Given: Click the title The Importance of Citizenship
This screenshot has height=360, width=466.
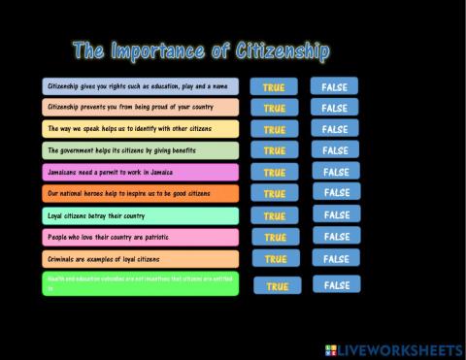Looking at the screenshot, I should pyautogui.click(x=201, y=51).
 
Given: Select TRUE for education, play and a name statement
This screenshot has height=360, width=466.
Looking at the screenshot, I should pyautogui.click(x=274, y=86).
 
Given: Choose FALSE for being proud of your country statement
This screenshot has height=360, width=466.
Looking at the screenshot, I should pyautogui.click(x=334, y=108).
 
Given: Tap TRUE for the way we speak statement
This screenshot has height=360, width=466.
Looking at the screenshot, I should pyautogui.click(x=274, y=129).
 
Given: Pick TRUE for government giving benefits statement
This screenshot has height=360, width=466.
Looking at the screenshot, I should pyautogui.click(x=274, y=150).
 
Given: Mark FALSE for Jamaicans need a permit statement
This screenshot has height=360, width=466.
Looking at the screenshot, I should pyautogui.click(x=334, y=172).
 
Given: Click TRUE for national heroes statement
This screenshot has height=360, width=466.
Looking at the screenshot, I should pyautogui.click(x=274, y=194).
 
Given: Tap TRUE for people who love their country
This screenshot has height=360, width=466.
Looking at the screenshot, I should pyautogui.click(x=275, y=237).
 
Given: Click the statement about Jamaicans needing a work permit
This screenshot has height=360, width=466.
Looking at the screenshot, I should pyautogui.click(x=141, y=172).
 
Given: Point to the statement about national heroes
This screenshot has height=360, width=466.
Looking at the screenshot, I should pyautogui.click(x=141, y=193).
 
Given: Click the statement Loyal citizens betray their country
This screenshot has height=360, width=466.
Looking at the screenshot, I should pyautogui.click(x=141, y=215).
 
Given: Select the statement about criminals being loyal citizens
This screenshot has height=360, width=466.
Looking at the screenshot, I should pyautogui.click(x=141, y=259).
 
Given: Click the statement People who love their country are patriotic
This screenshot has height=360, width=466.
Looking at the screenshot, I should pyautogui.click(x=141, y=237).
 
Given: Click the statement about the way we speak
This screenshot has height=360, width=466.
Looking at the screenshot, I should pyautogui.click(x=141, y=129).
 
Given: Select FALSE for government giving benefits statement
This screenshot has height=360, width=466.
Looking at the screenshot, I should pyautogui.click(x=334, y=150).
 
